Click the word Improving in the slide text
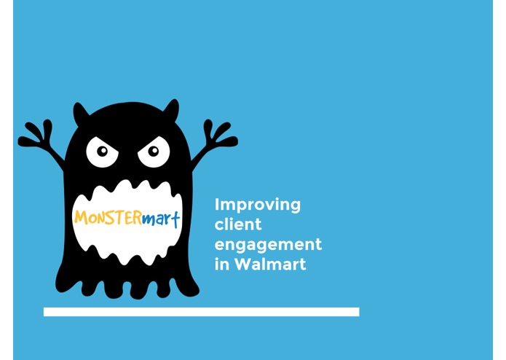click(257, 205)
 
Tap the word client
click(238, 224)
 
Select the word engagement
click(268, 245)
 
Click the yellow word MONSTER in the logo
click(107, 217)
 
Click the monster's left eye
click(102, 152)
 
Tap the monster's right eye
click(154, 152)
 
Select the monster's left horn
click(79, 112)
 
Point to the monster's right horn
click(172, 109)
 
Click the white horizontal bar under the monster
click(201, 312)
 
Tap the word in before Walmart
click(221, 264)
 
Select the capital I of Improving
click(218, 205)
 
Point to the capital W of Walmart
click(244, 264)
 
